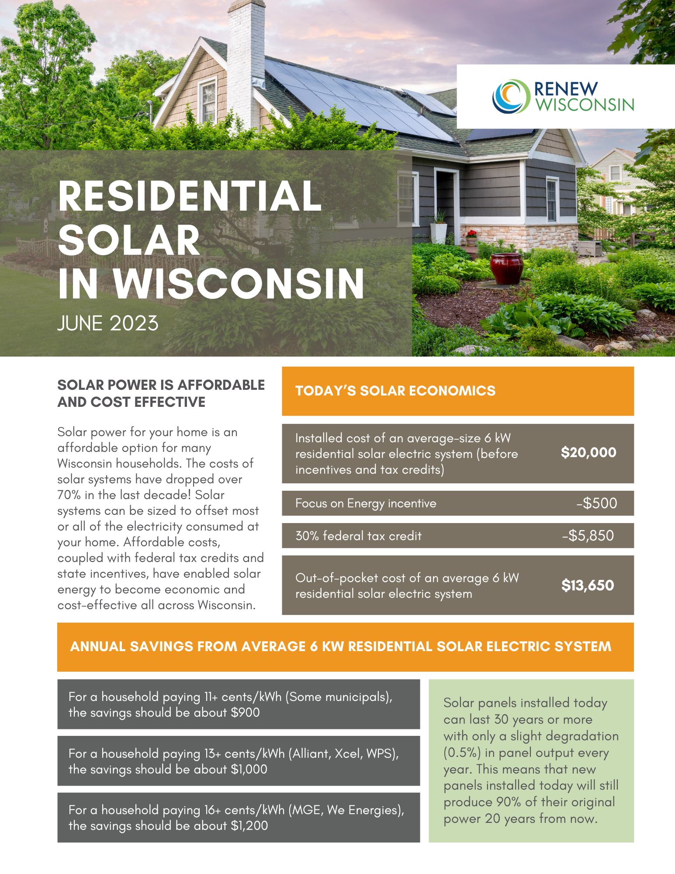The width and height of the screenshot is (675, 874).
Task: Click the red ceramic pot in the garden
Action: [x=506, y=269]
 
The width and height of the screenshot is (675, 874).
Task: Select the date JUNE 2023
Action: [x=108, y=324]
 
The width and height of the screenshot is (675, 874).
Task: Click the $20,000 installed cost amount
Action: [x=588, y=452]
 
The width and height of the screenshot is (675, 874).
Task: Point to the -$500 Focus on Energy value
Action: [x=597, y=503]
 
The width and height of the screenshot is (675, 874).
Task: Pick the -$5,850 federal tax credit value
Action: [x=588, y=536]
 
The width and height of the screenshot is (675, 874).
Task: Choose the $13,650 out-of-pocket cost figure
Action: [x=588, y=585]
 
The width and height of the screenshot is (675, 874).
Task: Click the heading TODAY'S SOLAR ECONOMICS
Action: [x=395, y=391]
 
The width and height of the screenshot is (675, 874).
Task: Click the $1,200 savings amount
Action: [x=249, y=826]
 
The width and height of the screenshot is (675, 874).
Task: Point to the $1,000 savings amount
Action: [x=249, y=769]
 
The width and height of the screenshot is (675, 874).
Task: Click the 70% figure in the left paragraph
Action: [x=67, y=495]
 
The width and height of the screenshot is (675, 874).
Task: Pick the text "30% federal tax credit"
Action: [x=358, y=536]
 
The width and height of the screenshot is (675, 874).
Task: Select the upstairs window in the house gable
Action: [x=208, y=101]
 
